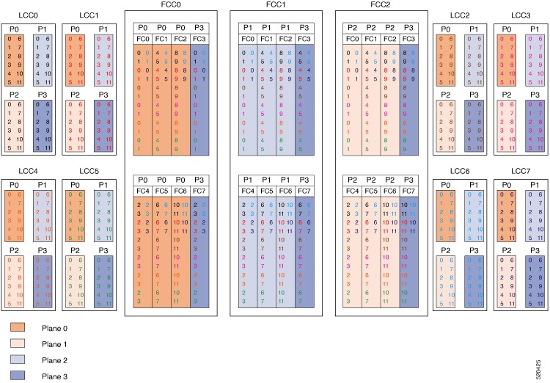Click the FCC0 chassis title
173,5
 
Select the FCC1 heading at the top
278,5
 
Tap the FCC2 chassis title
382,5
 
